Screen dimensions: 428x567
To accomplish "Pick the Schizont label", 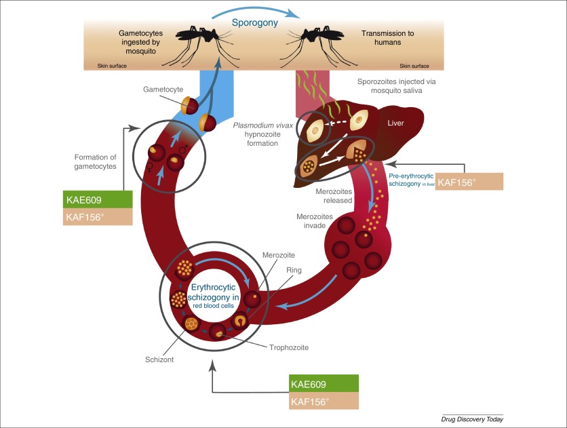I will [161, 359].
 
